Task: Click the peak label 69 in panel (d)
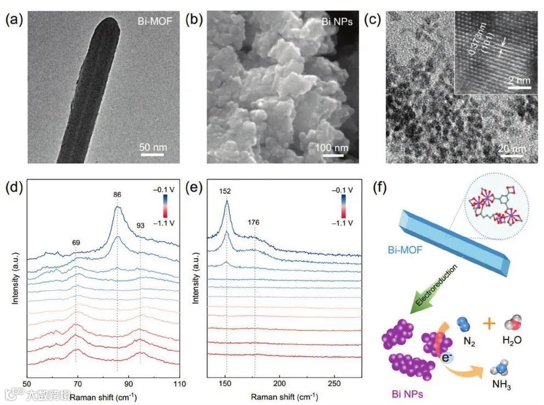coord(76,241)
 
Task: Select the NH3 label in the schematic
coord(505,386)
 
